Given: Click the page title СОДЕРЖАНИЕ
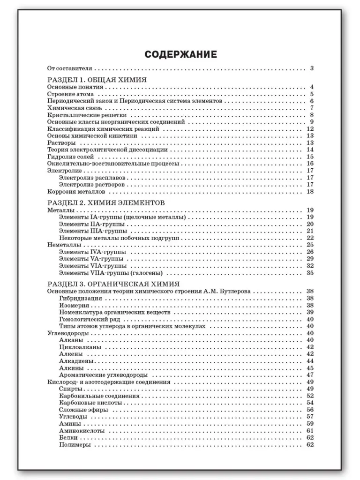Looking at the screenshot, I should [180, 54].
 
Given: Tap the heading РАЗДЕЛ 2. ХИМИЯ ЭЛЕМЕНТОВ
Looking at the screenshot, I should [106, 203].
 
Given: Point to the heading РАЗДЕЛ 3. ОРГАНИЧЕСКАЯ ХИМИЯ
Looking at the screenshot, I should [114, 284].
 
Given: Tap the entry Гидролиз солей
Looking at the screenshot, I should [71, 157].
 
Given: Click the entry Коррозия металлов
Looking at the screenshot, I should [76, 191].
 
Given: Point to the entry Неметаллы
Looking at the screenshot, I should [65, 245].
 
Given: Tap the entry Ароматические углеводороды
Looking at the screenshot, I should [104, 375].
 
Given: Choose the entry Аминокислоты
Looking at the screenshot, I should [82, 430].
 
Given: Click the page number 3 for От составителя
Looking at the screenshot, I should [311, 68].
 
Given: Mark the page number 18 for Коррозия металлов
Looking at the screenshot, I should [310, 191].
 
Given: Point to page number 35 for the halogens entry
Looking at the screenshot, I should [310, 273].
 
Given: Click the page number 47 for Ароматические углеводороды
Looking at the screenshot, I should [310, 375].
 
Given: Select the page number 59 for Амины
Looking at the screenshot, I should [310, 424].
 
